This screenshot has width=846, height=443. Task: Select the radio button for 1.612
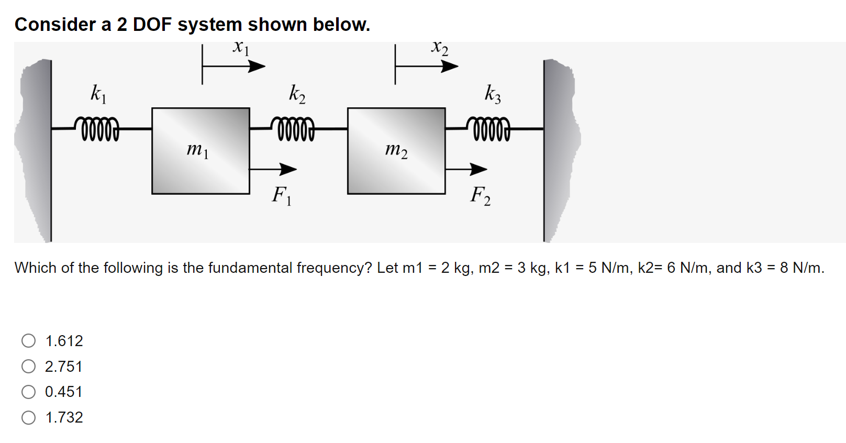pyautogui.click(x=29, y=341)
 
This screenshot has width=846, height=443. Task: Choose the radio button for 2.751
pyautogui.click(x=29, y=366)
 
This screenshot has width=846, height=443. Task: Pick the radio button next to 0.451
pyautogui.click(x=29, y=392)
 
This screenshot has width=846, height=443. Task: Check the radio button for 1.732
pyautogui.click(x=29, y=417)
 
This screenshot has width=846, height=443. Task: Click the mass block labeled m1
pyautogui.click(x=201, y=151)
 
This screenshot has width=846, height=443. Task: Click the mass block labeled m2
pyautogui.click(x=396, y=151)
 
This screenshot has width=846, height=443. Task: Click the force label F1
pyautogui.click(x=281, y=196)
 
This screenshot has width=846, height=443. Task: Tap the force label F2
pyautogui.click(x=480, y=196)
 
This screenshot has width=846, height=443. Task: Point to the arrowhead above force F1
pyautogui.click(x=288, y=169)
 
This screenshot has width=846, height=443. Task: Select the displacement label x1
pyautogui.click(x=241, y=48)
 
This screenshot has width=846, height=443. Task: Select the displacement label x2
pyautogui.click(x=439, y=48)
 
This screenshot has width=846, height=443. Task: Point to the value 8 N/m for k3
pyautogui.click(x=801, y=268)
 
